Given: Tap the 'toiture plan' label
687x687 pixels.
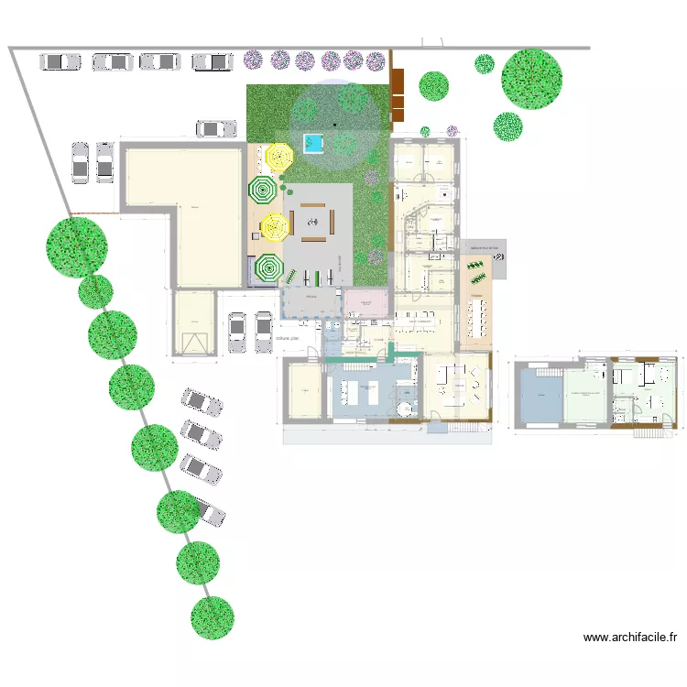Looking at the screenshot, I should click(x=288, y=338).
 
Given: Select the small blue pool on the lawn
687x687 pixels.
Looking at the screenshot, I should click(x=314, y=144).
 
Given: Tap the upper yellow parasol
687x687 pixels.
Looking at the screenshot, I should click(x=278, y=158).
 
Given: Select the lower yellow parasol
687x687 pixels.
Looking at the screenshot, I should click(x=274, y=225).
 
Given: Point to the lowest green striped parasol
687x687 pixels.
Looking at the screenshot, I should click(x=269, y=268).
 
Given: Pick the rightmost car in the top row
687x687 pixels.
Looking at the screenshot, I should click(x=212, y=62).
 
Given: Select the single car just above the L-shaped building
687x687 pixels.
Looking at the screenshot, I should click(x=216, y=129).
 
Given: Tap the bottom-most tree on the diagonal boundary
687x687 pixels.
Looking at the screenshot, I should click(x=213, y=617).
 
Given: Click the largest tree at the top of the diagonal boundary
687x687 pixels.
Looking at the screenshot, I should click(x=77, y=245).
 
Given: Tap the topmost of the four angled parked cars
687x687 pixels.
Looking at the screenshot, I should click(x=202, y=401).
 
